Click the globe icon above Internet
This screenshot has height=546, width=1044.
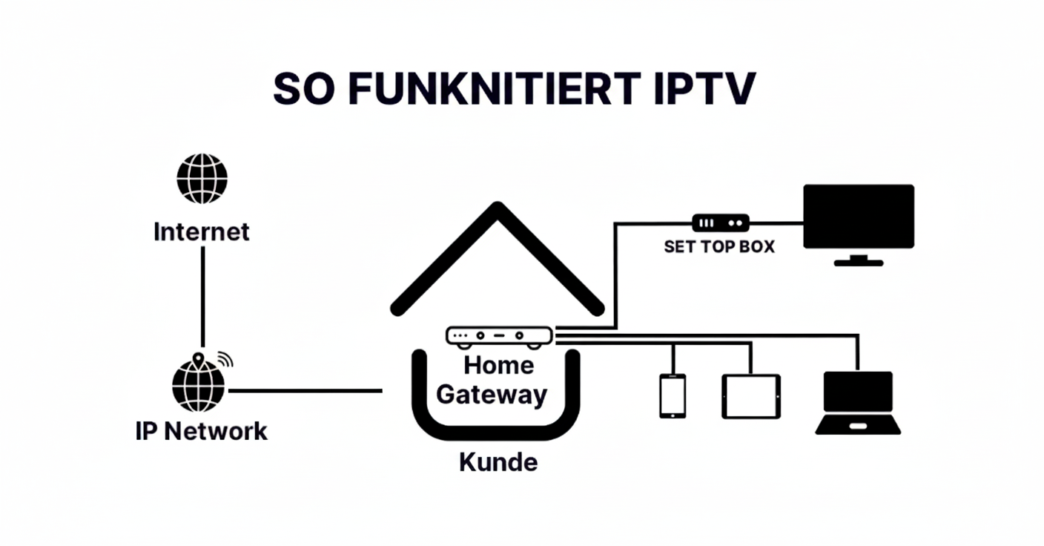(202, 179)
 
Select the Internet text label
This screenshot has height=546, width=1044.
(202, 231)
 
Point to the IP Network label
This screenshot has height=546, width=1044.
(202, 431)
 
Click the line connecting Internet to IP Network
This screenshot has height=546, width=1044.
(202, 297)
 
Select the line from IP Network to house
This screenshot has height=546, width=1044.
(304, 390)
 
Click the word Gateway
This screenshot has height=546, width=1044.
(492, 394)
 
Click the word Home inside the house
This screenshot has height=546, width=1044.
(499, 365)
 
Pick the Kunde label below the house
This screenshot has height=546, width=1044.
(498, 462)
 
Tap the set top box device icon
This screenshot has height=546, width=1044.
(720, 222)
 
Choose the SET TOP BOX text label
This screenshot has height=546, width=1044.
(718, 247)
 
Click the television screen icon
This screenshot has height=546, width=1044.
(859, 216)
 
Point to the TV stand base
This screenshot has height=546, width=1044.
(859, 261)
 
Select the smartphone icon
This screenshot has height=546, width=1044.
(673, 395)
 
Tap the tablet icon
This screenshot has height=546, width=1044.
(751, 395)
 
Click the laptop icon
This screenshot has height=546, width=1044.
(858, 403)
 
